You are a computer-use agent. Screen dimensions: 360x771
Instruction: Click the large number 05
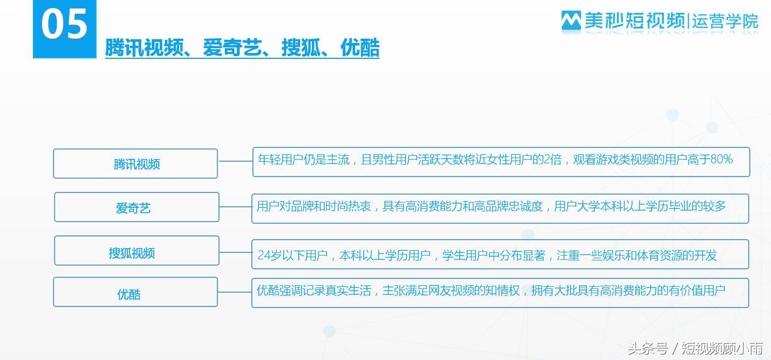coord(64,24)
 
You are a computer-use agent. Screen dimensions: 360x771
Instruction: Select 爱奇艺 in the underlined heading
coord(232,48)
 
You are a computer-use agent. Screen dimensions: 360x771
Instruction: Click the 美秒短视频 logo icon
coord(571,21)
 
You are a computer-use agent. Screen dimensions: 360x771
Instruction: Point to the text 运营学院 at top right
coord(725,22)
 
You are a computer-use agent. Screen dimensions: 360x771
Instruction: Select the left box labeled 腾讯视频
coord(136,164)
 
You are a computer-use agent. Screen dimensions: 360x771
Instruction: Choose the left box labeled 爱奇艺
coord(136,207)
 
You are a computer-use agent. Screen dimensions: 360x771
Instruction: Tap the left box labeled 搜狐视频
coord(136,251)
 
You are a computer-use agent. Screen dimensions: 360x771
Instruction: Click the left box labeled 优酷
coord(135,292)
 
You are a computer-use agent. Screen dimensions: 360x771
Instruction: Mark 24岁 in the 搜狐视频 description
coord(269,256)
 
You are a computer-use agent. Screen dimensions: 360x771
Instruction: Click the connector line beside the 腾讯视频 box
coord(235,161)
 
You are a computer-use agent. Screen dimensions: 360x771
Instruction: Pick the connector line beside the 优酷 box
coord(234,292)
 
